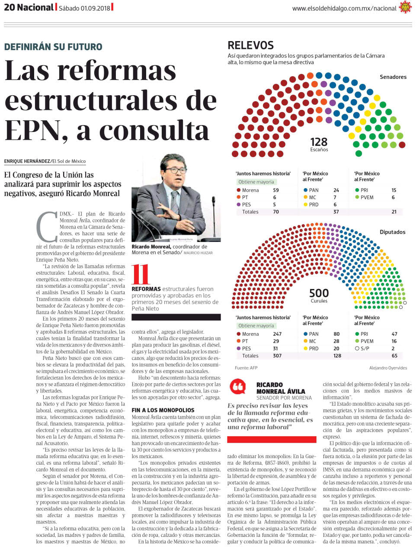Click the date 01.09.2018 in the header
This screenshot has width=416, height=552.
tap(95, 8)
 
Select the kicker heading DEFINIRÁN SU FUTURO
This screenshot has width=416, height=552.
tap(53, 47)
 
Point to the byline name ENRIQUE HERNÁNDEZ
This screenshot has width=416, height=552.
tap(27, 161)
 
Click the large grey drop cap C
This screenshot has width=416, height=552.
tap(47, 226)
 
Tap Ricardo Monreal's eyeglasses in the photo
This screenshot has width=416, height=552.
tap(176, 170)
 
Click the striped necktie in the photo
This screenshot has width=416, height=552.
tap(174, 202)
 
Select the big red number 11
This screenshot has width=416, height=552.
tap(140, 274)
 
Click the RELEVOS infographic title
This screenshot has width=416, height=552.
tap(250, 45)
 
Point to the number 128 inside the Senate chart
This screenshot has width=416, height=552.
tap(319, 142)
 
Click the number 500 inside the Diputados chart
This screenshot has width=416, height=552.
tap(319, 293)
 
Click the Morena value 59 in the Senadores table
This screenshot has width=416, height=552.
tap(276, 190)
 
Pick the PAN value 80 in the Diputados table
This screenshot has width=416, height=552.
tap(336, 334)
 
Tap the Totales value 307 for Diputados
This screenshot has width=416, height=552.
tap(277, 356)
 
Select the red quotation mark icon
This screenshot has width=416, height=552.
tap(237, 386)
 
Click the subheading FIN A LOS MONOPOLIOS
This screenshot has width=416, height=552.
tap(163, 410)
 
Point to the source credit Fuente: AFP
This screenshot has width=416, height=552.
tap(246, 368)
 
